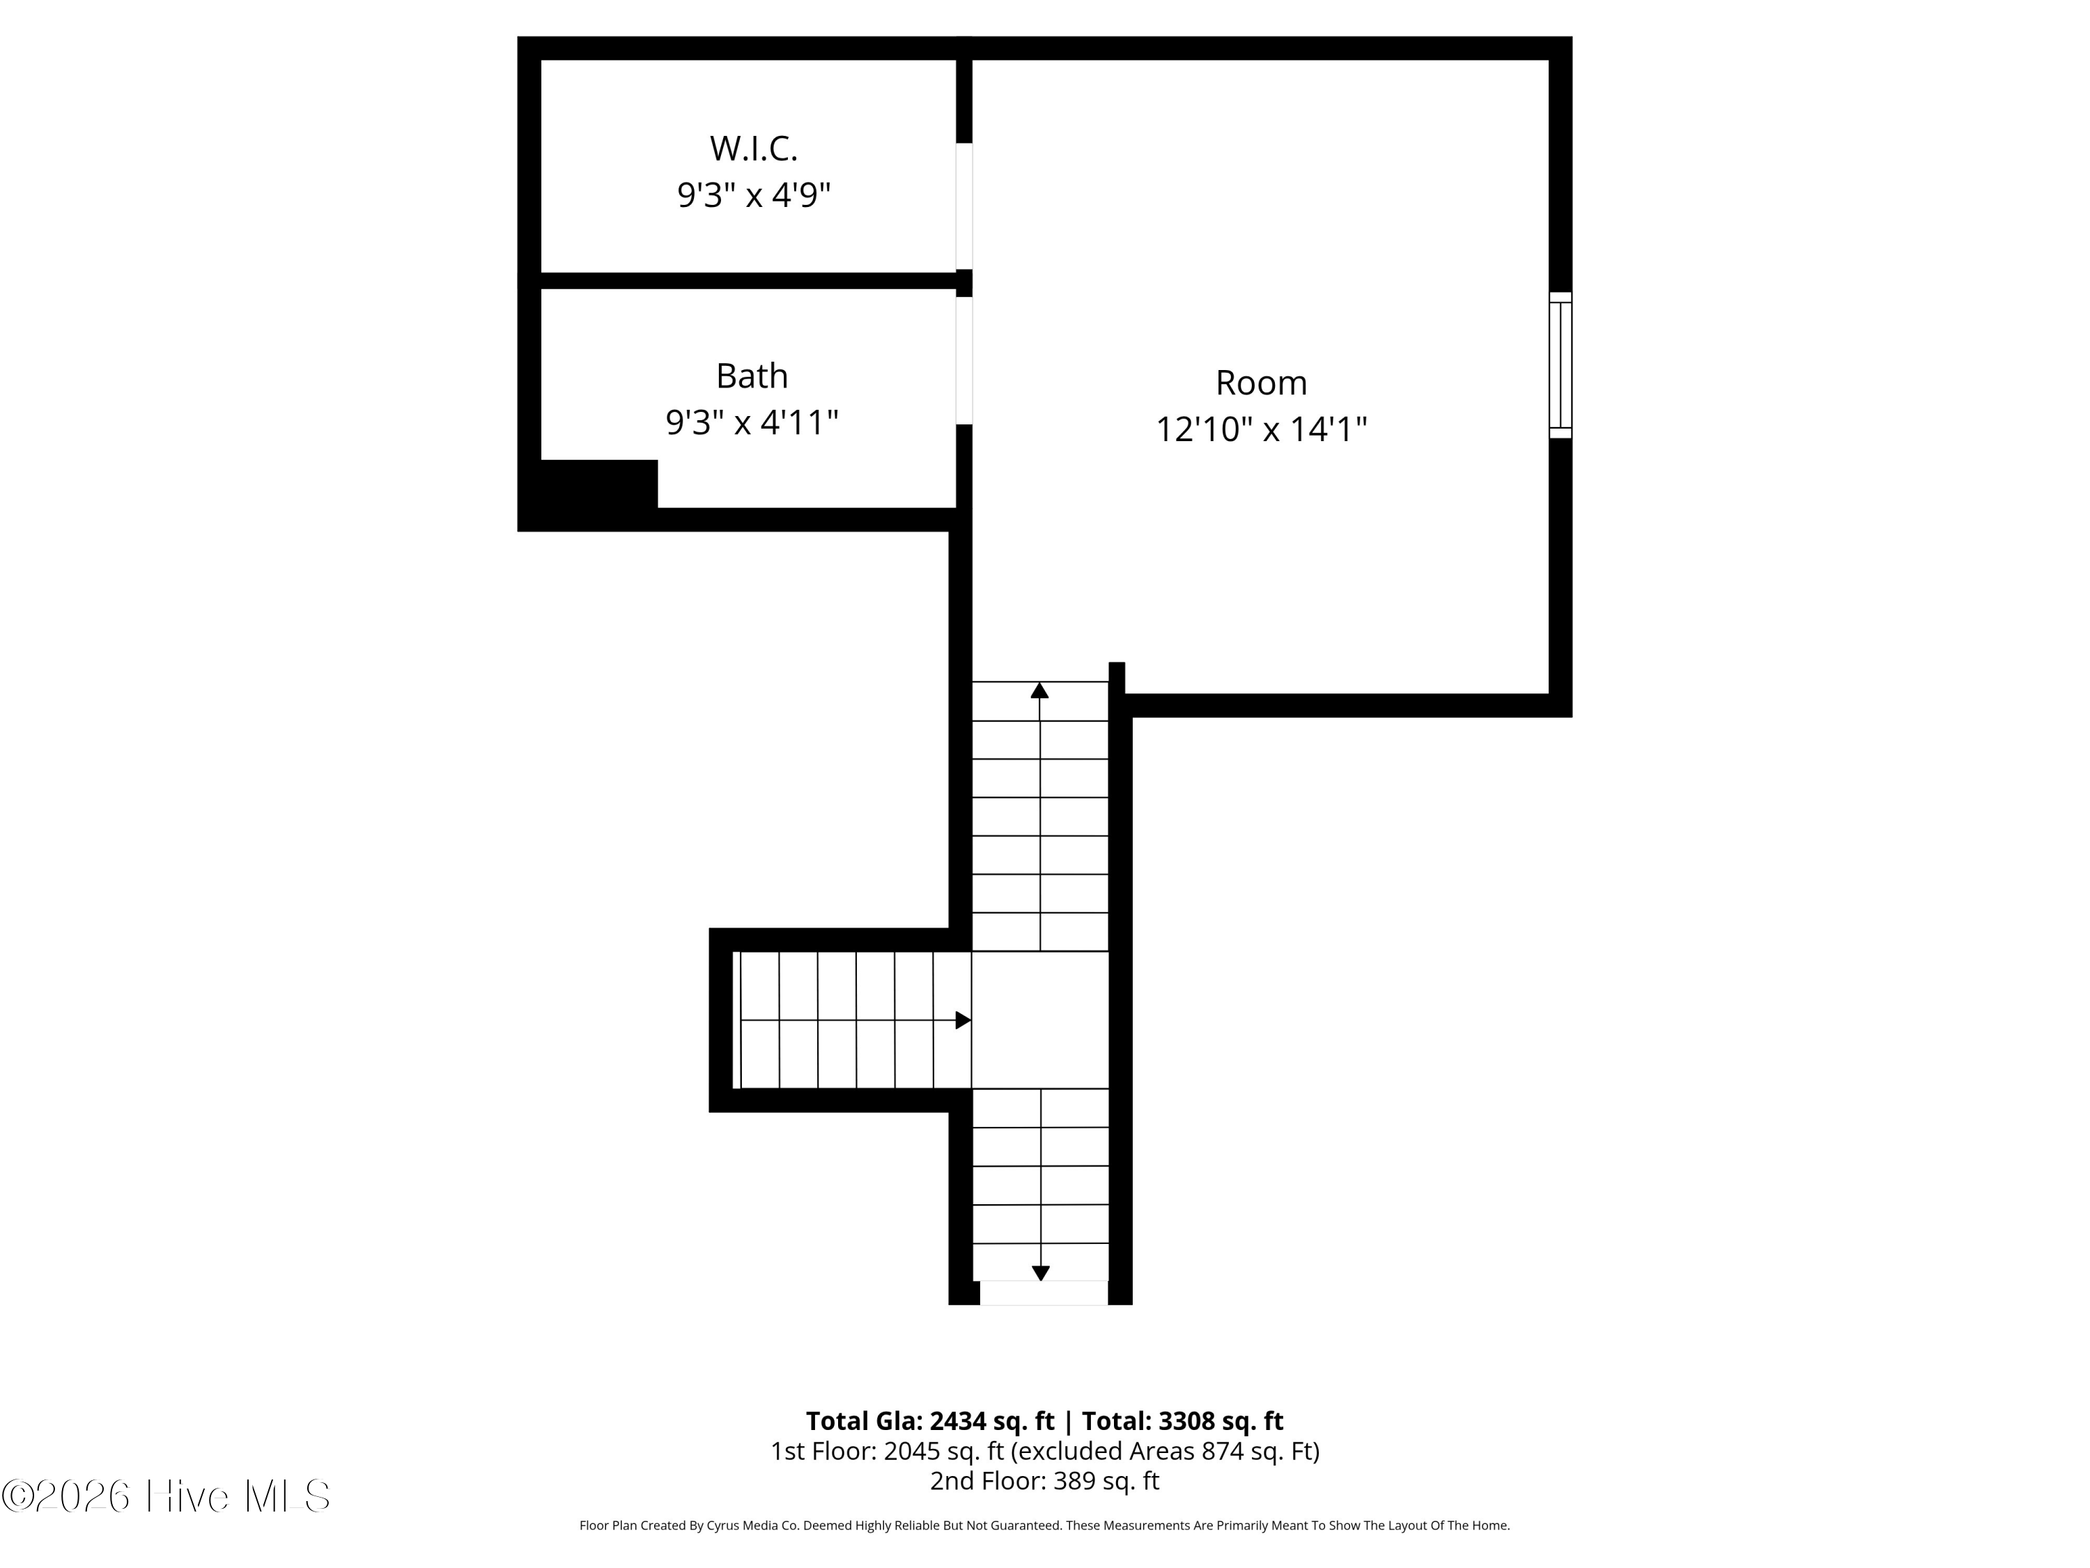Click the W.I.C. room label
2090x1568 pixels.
[754, 148]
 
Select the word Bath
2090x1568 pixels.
[752, 376]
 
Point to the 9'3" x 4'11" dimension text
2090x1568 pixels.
[752, 422]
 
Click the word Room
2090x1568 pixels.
[1262, 383]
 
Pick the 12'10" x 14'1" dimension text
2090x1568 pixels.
[1262, 430]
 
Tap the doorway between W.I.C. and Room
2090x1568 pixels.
[963, 206]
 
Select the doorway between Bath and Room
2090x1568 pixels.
[963, 361]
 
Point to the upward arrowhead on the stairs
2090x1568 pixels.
[1039, 690]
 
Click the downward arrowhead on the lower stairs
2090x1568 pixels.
[1040, 1273]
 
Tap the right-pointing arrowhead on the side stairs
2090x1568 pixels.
[963, 1020]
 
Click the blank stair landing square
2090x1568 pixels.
[1040, 1020]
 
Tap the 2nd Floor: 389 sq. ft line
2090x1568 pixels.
[1044, 1480]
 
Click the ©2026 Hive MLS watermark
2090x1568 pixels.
[167, 1496]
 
